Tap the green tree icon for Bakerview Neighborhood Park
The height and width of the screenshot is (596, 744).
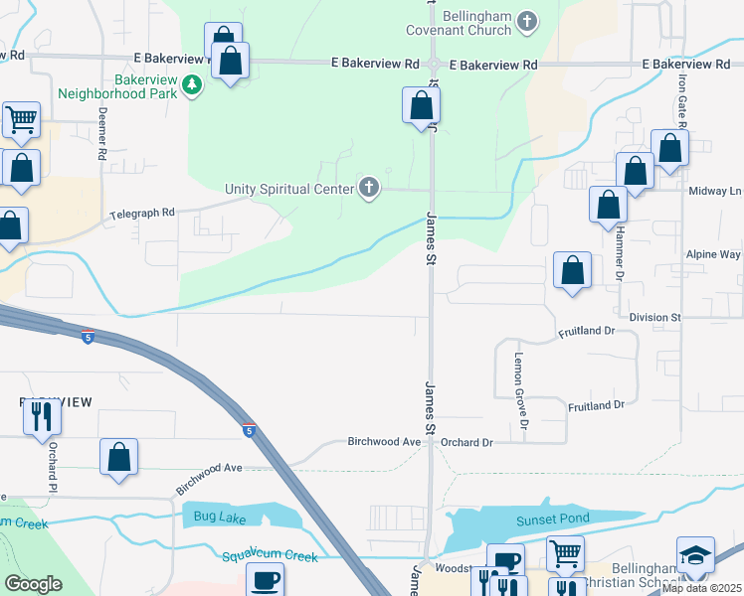192,87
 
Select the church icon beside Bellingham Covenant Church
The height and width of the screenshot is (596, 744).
527,20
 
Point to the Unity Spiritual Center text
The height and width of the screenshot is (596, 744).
289,189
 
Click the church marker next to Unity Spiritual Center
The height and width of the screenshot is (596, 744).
370,188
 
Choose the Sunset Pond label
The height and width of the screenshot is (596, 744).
552,519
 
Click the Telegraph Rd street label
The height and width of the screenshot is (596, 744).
142,213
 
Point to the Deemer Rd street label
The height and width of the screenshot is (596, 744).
101,135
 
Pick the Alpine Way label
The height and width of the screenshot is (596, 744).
712,255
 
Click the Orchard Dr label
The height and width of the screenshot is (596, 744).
466,442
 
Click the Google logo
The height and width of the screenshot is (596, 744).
33,584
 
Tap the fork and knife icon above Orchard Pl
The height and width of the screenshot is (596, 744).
42,416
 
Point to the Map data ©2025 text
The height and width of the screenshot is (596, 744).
701,588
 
